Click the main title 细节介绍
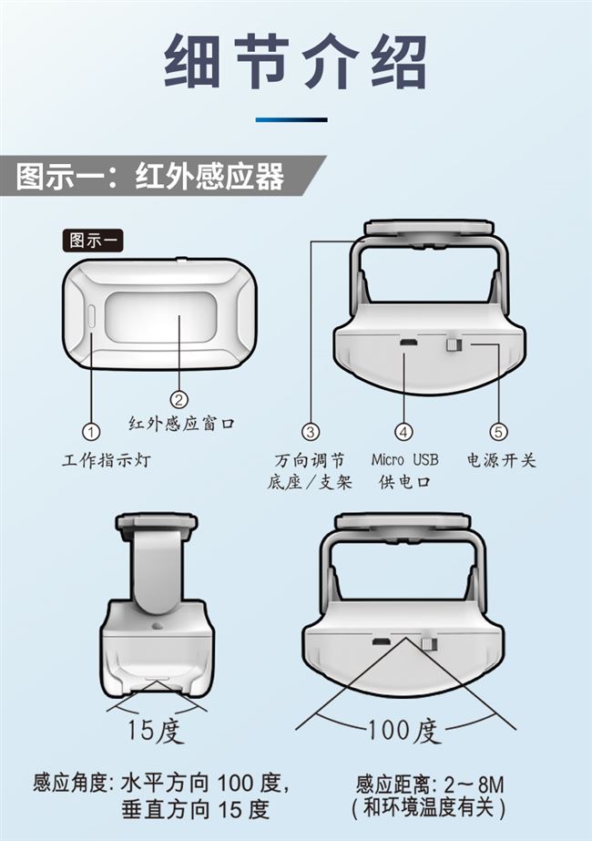[296, 62]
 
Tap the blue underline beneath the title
[291, 120]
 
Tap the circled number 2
[179, 398]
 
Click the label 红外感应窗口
[181, 423]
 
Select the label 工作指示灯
[107, 461]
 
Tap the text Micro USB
[404, 459]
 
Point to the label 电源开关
[502, 460]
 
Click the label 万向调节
[310, 459]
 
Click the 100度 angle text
[403, 730]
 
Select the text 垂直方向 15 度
[195, 808]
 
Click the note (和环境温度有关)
[428, 808]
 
